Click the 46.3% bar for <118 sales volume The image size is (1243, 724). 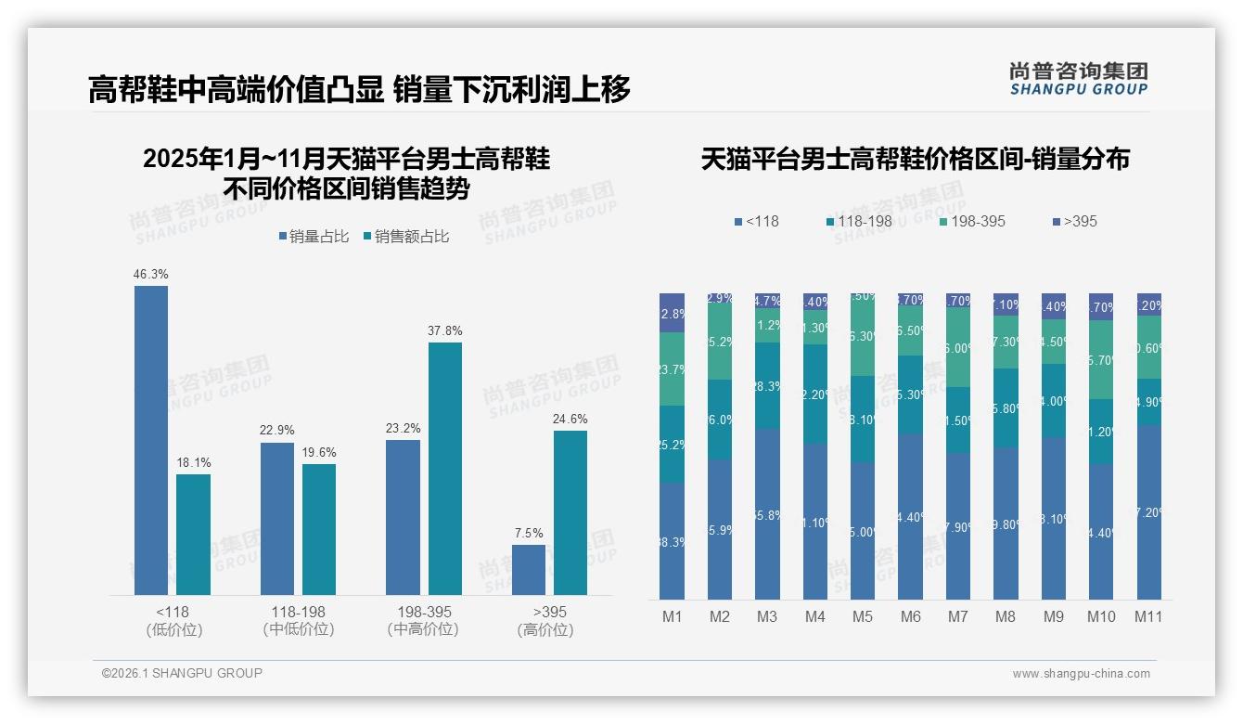pyautogui.click(x=151, y=440)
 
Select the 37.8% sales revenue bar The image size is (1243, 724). pyautogui.click(x=444, y=469)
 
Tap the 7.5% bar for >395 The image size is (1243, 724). pyautogui.click(x=529, y=570)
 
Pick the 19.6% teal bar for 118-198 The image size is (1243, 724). pyautogui.click(x=319, y=529)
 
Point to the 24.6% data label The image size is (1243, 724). pyautogui.click(x=570, y=419)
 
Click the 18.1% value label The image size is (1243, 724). pyautogui.click(x=193, y=462)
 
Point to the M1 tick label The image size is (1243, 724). pyautogui.click(x=672, y=616)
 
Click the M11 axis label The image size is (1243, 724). pyautogui.click(x=1148, y=616)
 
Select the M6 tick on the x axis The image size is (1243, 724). pyautogui.click(x=910, y=616)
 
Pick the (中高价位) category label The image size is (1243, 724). pyautogui.click(x=424, y=629)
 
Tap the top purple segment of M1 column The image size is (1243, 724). pyautogui.click(x=672, y=313)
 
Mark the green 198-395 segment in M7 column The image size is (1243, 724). pyautogui.click(x=958, y=347)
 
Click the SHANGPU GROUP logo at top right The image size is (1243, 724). pyautogui.click(x=1078, y=79)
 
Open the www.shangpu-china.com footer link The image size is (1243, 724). pyautogui.click(x=1081, y=674)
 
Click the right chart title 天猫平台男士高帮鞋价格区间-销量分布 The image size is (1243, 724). pyautogui.click(x=915, y=159)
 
